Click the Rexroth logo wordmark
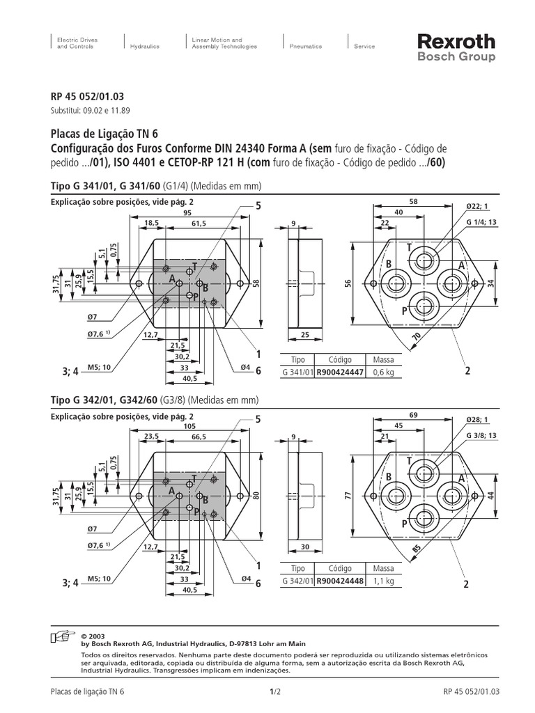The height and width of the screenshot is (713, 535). pos(456,42)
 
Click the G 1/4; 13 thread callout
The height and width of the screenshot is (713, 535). pos(481,223)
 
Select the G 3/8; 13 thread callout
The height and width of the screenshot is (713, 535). pos(481,435)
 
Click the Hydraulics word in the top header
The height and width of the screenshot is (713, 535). pos(145,47)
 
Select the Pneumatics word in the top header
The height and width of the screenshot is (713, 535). pos(306,47)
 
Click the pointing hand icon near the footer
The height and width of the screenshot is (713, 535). pos(63,636)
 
